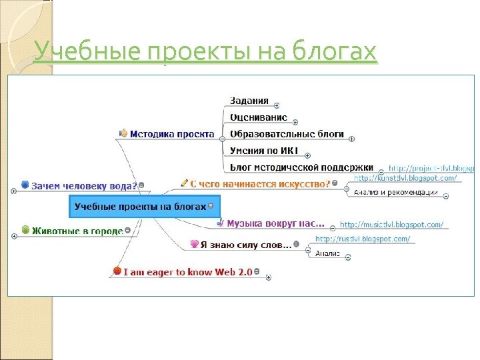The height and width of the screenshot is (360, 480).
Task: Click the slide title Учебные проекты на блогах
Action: pyautogui.click(x=205, y=51)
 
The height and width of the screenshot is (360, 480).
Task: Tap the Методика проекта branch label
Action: pyautogui.click(x=171, y=133)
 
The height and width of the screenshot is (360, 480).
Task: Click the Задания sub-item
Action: pyautogui.click(x=249, y=101)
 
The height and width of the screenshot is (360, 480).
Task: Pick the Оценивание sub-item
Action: pyautogui.click(x=258, y=117)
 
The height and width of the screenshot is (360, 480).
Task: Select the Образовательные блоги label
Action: pyautogui.click(x=287, y=133)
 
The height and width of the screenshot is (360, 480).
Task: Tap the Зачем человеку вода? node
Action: pyautogui.click(x=84, y=185)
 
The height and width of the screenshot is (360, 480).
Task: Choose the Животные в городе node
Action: pyautogui.click(x=77, y=231)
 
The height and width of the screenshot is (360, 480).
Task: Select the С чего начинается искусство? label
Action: pyautogui.click(x=260, y=183)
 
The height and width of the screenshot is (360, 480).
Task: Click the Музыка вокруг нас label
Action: pyautogui.click(x=275, y=223)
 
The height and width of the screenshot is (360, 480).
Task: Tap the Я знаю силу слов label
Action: pyautogui.click(x=246, y=245)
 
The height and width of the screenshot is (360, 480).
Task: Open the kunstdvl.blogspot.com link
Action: pyautogui.click(x=405, y=178)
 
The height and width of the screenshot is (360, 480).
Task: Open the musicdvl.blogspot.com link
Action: pyautogui.click(x=391, y=225)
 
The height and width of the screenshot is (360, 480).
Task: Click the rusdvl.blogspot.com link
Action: pyautogui.click(x=362, y=239)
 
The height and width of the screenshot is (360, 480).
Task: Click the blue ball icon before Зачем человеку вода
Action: pyautogui.click(x=25, y=184)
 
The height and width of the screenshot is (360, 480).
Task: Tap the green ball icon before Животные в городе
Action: pyautogui.click(x=26, y=230)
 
